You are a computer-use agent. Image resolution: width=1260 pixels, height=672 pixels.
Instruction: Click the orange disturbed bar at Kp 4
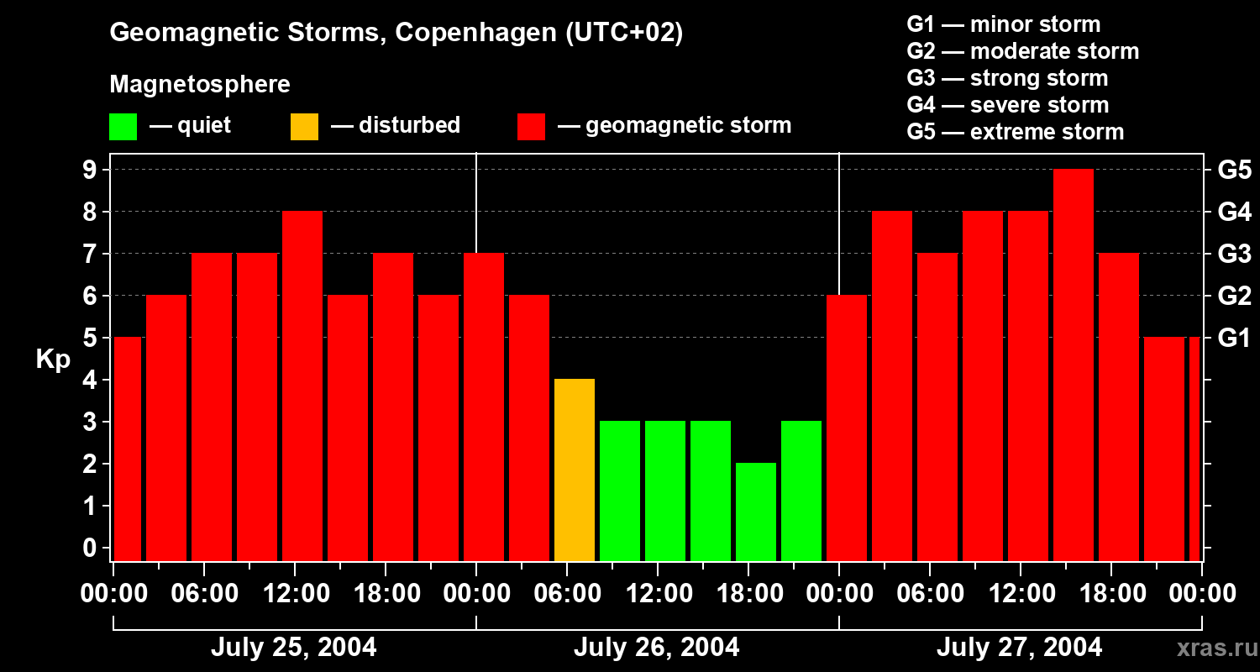(575, 470)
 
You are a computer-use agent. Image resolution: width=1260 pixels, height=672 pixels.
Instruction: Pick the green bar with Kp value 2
(756, 512)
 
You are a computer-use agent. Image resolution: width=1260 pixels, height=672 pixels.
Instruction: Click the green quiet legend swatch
(123, 127)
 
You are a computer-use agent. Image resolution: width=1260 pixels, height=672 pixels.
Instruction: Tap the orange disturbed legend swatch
(304, 127)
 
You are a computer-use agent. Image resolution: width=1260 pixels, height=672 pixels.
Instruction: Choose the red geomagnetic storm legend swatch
(531, 127)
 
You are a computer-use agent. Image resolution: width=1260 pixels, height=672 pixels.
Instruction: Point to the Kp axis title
(53, 359)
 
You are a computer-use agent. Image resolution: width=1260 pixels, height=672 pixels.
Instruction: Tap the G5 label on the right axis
(1234, 171)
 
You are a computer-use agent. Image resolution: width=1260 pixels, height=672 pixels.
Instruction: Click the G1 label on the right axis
(1234, 339)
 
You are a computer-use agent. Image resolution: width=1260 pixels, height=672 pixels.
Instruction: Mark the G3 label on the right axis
(1234, 255)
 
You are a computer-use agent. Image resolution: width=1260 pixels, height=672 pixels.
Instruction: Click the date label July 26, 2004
(656, 648)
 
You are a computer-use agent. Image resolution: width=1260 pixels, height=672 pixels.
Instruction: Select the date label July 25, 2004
(293, 648)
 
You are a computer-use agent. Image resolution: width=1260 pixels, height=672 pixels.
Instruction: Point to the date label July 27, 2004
(1019, 648)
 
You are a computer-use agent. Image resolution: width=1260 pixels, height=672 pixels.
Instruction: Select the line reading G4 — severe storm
(1007, 105)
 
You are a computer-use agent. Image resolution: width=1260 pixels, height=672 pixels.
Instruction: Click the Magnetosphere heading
(200, 85)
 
